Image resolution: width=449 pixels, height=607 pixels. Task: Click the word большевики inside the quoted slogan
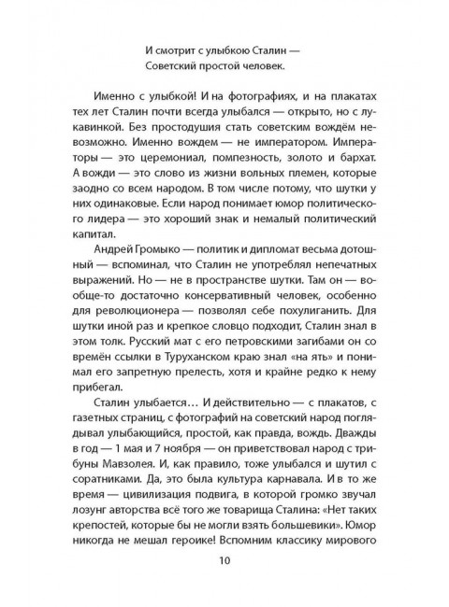(x=316, y=528)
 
